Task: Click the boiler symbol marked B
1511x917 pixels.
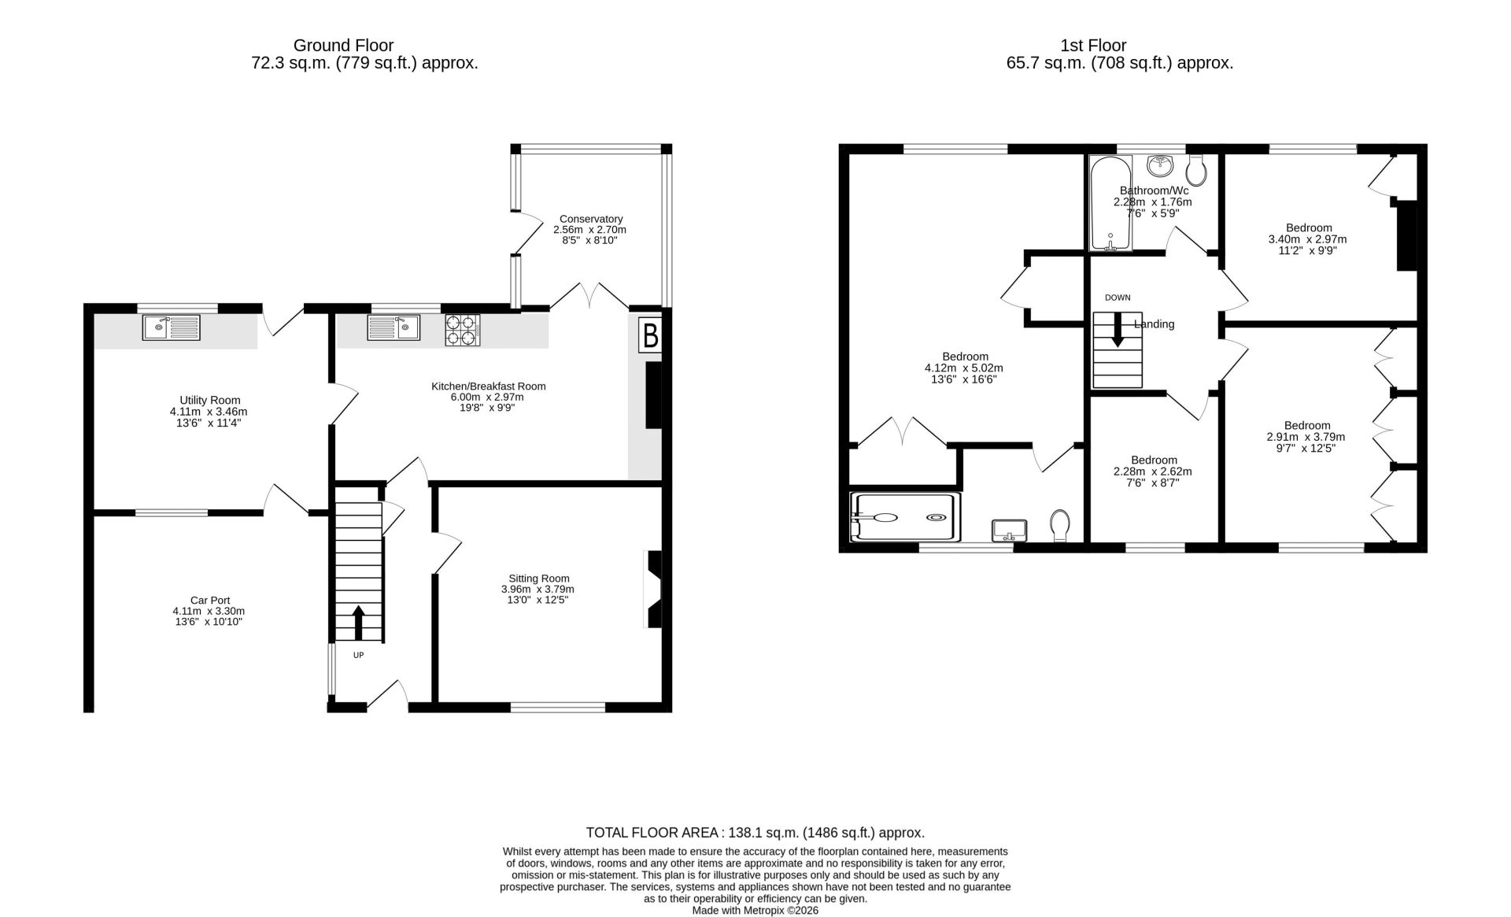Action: pyautogui.click(x=650, y=335)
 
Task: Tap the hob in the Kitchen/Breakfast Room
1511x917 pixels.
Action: pyautogui.click(x=463, y=330)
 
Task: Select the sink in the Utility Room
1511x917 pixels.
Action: pyautogui.click(x=172, y=327)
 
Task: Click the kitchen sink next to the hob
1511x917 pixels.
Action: pyautogui.click(x=393, y=327)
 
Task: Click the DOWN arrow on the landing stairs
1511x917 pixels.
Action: pyautogui.click(x=1118, y=330)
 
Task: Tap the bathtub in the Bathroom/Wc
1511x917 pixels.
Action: pyautogui.click(x=1110, y=203)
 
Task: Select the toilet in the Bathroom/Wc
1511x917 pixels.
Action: pyautogui.click(x=1197, y=168)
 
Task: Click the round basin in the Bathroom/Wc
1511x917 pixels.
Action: pyautogui.click(x=1160, y=165)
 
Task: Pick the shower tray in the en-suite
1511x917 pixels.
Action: pyautogui.click(x=906, y=517)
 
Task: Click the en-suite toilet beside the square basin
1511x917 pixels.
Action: pyautogui.click(x=1060, y=525)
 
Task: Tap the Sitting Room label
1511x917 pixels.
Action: pyautogui.click(x=538, y=579)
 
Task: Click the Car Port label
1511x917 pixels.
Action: pyautogui.click(x=210, y=600)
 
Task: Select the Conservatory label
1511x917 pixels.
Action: pyautogui.click(x=591, y=219)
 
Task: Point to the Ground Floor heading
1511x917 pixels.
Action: pyautogui.click(x=343, y=46)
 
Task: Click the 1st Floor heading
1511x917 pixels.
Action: pyautogui.click(x=1093, y=46)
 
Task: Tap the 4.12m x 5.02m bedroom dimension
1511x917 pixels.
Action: pyautogui.click(x=964, y=368)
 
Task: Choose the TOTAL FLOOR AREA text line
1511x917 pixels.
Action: pyautogui.click(x=755, y=833)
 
